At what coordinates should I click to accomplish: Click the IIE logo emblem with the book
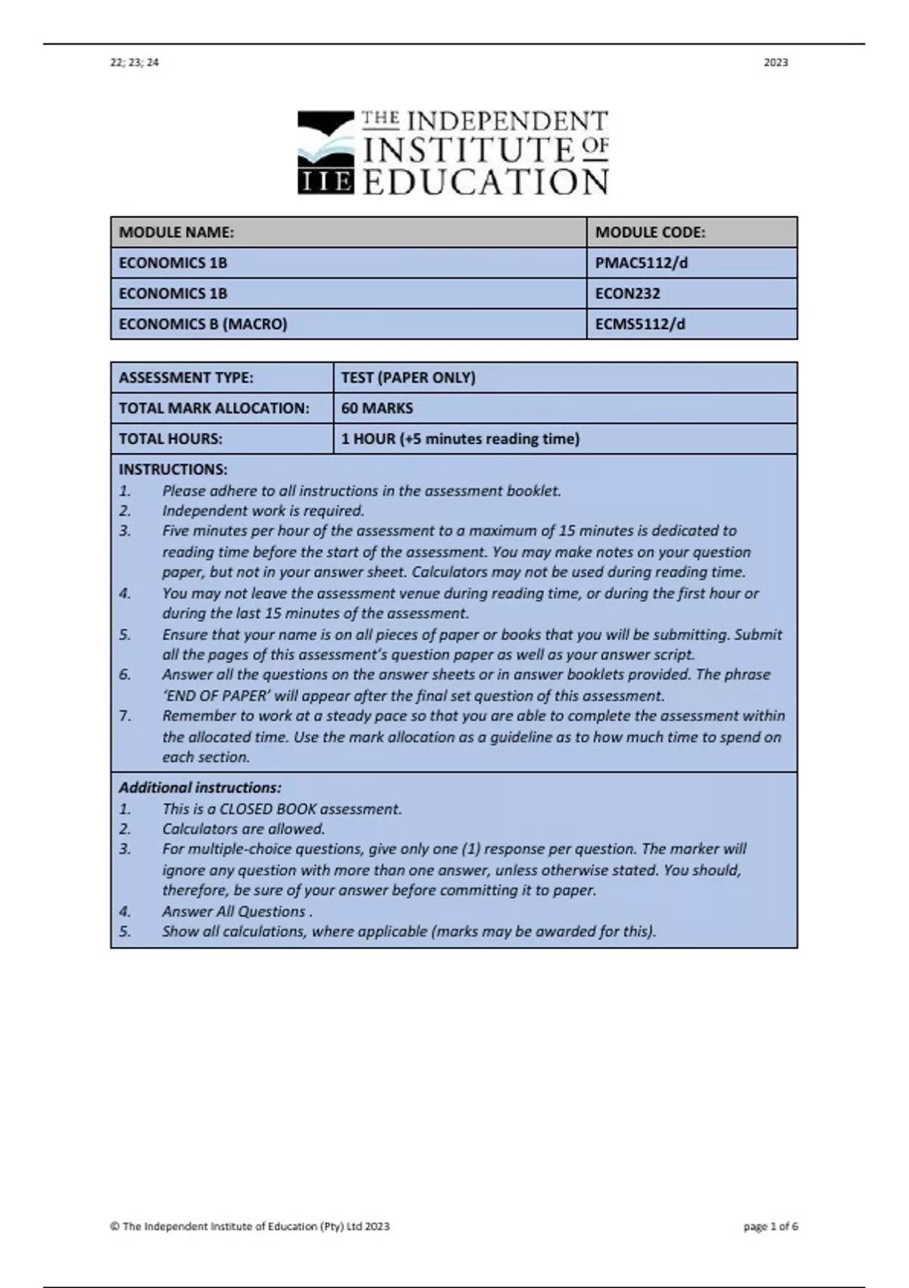click(x=326, y=152)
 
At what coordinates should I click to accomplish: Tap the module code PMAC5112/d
click(x=641, y=263)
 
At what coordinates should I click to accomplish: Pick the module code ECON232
click(x=627, y=293)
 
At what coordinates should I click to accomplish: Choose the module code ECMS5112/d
click(x=640, y=324)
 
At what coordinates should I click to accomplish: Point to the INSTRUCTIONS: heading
click(x=173, y=470)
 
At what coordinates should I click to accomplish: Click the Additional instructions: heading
click(x=200, y=788)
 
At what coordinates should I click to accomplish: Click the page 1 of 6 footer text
click(x=770, y=1227)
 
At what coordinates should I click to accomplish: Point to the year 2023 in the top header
click(x=776, y=63)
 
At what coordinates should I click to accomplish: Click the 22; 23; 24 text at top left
click(x=135, y=63)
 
